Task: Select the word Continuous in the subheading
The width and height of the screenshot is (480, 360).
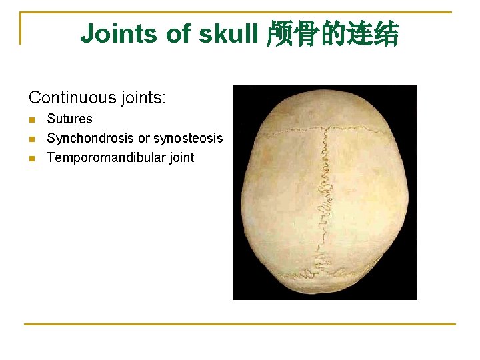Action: point(72,98)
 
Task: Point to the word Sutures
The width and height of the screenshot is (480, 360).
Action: point(69,119)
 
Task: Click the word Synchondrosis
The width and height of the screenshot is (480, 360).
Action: point(90,139)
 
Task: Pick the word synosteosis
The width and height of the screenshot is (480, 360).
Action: point(188,139)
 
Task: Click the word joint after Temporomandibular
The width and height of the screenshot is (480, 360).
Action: point(180,158)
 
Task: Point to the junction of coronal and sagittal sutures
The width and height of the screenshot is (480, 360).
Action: point(327,131)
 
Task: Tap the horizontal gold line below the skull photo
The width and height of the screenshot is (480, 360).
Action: point(240,325)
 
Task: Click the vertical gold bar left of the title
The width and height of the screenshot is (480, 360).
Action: point(21,28)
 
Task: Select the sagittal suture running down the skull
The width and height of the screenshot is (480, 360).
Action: point(326,200)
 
